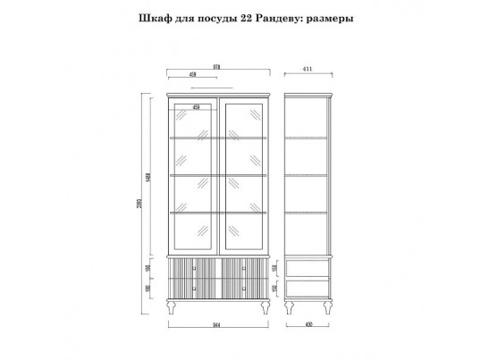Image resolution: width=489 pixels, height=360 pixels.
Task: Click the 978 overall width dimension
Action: (217, 68)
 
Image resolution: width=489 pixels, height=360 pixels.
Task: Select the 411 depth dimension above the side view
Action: (307, 68)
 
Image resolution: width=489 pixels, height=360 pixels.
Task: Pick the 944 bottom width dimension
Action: (217, 325)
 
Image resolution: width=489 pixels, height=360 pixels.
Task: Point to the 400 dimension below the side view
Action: (308, 325)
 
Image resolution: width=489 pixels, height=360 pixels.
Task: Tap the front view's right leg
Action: (264, 307)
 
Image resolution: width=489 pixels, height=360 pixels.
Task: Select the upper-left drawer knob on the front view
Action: (214, 267)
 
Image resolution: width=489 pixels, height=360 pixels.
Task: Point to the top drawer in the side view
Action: (307, 267)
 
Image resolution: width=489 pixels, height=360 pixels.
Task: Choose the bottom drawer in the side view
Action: (307, 287)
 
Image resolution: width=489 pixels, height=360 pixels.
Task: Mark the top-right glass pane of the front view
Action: (242, 120)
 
